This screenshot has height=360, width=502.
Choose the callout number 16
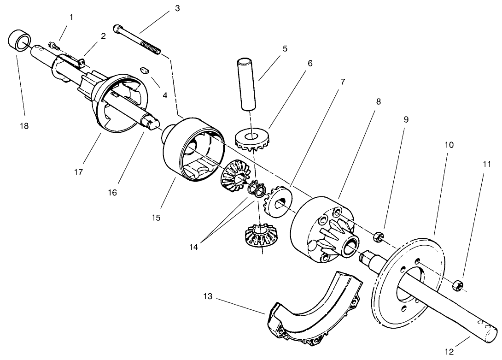tap(112, 192)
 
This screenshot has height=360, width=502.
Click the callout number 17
tap(78, 172)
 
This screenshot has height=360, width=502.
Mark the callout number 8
tap(379, 101)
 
